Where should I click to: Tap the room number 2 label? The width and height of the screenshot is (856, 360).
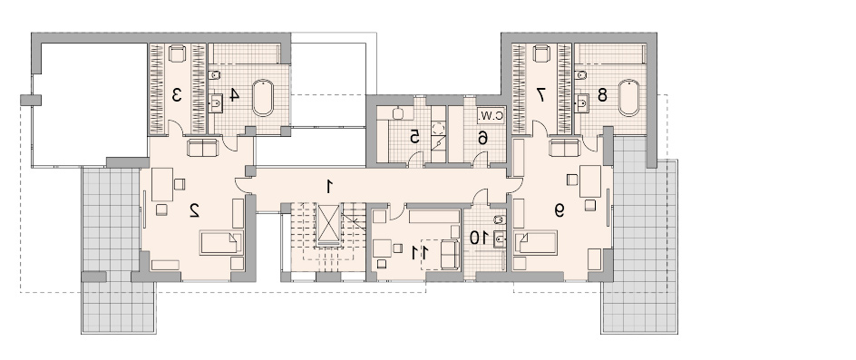(194, 210)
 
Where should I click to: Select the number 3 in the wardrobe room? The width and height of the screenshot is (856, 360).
(176, 95)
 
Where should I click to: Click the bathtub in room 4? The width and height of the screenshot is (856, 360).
(263, 98)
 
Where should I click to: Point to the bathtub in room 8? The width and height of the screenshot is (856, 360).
(629, 98)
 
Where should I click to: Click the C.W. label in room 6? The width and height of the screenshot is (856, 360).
(491, 116)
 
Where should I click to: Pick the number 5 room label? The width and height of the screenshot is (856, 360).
(415, 137)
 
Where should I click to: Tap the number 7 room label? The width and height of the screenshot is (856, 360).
(540, 95)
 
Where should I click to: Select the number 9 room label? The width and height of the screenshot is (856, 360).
(559, 210)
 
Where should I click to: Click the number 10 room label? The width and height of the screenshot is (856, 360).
(478, 238)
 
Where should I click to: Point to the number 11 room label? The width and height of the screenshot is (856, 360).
(420, 252)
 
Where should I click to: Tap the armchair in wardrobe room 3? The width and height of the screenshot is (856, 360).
(177, 54)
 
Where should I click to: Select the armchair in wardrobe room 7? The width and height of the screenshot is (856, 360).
(541, 54)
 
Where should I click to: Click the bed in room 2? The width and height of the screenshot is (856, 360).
(221, 243)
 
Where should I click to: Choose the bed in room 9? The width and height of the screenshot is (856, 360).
(536, 243)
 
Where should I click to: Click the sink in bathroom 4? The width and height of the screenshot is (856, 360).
(217, 102)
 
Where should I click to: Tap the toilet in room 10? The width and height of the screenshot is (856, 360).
(499, 219)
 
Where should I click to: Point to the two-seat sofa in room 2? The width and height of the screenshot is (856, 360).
(202, 148)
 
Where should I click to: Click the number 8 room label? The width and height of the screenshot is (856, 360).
(602, 95)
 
